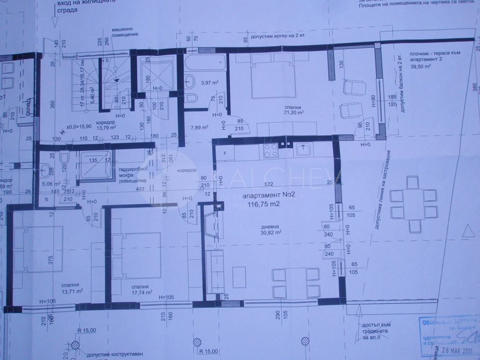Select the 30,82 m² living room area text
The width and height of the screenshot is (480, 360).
pyautogui.click(x=272, y=232)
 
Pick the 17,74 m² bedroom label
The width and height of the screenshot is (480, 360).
pyautogui.click(x=142, y=292)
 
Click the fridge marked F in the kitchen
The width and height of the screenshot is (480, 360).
pyautogui.click(x=225, y=153)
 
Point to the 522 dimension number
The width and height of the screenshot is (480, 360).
pyautogui.click(x=268, y=184)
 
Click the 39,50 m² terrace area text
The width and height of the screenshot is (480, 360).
pyautogui.click(x=420, y=66)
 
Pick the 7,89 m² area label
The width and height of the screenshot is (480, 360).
pyautogui.click(x=200, y=127)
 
